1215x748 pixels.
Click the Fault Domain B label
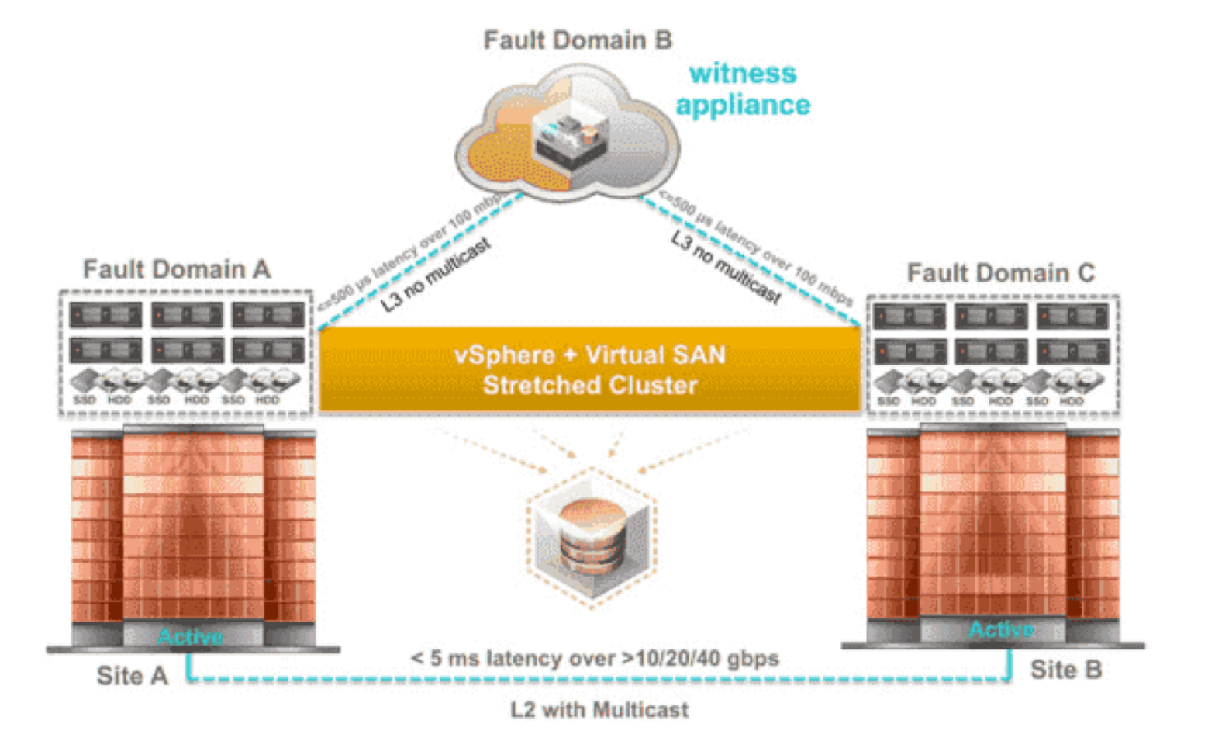coord(578,40)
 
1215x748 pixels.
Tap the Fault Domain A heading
coord(177,269)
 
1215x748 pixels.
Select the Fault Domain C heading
coord(1000,273)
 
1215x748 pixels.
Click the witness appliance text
coord(742,89)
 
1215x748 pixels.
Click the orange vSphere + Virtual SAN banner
coord(590,369)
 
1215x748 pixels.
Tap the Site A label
coord(132,676)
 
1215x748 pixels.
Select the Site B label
coord(1065,670)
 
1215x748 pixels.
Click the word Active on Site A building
coord(190,637)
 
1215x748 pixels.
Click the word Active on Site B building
coord(1001,629)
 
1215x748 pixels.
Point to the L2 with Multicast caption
coord(599,709)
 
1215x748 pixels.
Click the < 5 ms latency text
coord(595,659)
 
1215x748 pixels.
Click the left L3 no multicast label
coord(436,275)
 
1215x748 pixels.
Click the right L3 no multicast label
coord(725,268)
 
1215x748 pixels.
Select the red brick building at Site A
coord(193,528)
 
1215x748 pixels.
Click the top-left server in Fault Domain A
coord(105,315)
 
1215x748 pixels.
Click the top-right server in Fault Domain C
coord(1073,317)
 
